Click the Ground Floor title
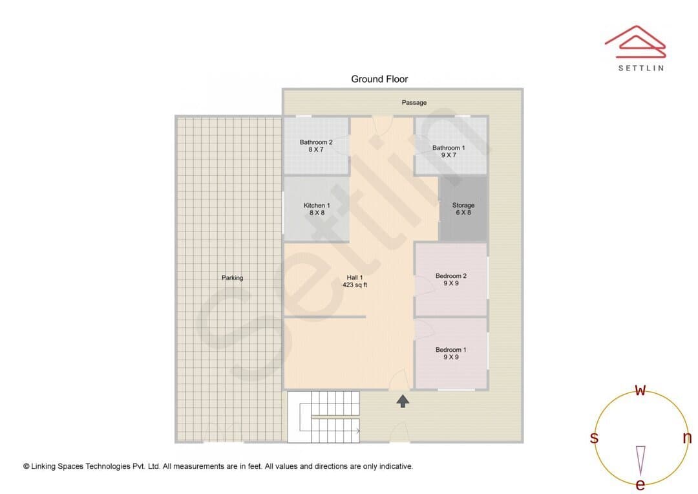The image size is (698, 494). pos(379,80)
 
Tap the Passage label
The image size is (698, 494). pos(414,102)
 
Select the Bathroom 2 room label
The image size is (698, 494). pos(316,142)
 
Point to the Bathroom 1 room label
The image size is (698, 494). pos(449,148)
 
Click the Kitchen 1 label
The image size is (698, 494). pos(317,206)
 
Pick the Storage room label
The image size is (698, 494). pos(463,206)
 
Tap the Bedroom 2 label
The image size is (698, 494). pos(451,275)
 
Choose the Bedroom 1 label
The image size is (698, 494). pos(451,350)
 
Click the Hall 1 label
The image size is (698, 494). pos(355,277)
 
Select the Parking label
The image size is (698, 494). pos(233,277)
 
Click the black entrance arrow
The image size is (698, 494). pos(403,401)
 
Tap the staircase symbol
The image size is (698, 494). pos(323,417)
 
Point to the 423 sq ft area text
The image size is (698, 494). pos(355,285)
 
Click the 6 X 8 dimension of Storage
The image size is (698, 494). pos(463,213)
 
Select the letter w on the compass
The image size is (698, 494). pos(640,390)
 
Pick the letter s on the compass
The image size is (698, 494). pos(594,438)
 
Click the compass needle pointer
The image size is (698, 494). pos(640,460)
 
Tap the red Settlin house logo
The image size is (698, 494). pos(635,42)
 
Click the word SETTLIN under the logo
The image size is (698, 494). pos(641,68)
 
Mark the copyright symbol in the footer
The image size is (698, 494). pos(26,466)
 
